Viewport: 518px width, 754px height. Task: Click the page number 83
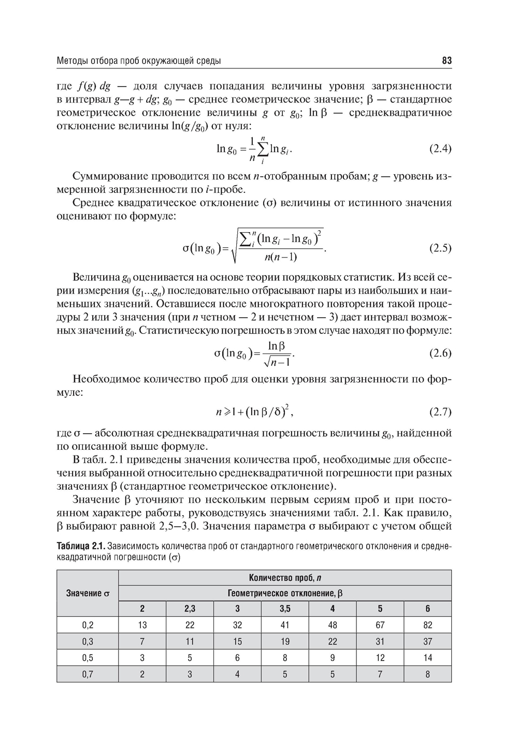(447, 61)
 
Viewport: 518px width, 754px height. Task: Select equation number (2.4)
(440, 149)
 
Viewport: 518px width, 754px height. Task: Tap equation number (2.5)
(440, 248)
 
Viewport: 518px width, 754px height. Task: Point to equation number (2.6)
(440, 353)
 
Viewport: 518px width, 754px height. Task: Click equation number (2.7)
(440, 412)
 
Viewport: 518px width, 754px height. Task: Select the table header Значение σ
(88, 593)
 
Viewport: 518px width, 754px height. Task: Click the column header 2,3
(190, 609)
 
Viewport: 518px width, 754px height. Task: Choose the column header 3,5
(285, 609)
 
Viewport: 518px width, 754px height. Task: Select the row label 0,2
(88, 625)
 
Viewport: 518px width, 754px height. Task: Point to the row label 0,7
(88, 674)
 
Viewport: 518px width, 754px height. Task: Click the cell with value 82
(427, 625)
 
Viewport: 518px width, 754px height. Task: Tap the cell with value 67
(380, 625)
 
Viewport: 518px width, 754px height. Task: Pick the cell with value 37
(427, 642)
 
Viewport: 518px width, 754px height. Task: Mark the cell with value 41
(285, 625)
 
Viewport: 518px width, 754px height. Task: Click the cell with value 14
(427, 658)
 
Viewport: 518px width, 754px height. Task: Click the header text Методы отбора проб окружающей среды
(139, 61)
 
